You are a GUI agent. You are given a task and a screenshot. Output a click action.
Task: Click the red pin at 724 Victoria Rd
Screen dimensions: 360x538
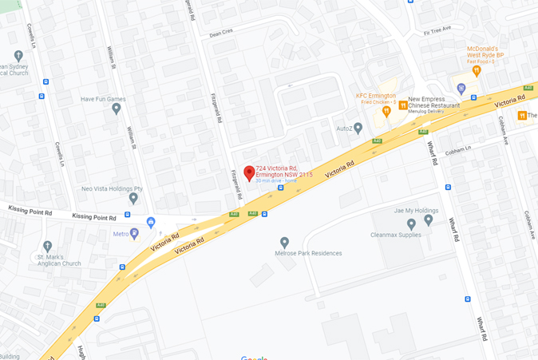pos(249,172)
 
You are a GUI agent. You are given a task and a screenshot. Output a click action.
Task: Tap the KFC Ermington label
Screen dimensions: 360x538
pos(375,96)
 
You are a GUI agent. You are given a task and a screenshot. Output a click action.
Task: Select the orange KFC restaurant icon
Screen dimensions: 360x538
pos(386,111)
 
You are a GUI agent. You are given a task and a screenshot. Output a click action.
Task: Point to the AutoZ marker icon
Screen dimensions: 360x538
pos(358,128)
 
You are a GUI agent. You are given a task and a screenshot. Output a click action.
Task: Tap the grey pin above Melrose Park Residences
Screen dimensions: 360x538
pos(284,242)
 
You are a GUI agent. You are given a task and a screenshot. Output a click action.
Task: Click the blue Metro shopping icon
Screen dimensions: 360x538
pos(134,234)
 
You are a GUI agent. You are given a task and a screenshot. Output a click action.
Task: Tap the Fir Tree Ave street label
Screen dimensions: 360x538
pos(437,30)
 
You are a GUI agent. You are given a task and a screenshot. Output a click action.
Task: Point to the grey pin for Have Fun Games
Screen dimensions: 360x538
pos(117,108)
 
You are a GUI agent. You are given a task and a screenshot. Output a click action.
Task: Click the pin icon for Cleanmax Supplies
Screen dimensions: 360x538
pos(410,224)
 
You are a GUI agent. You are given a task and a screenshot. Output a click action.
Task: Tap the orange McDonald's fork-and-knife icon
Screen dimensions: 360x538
pos(476,70)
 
